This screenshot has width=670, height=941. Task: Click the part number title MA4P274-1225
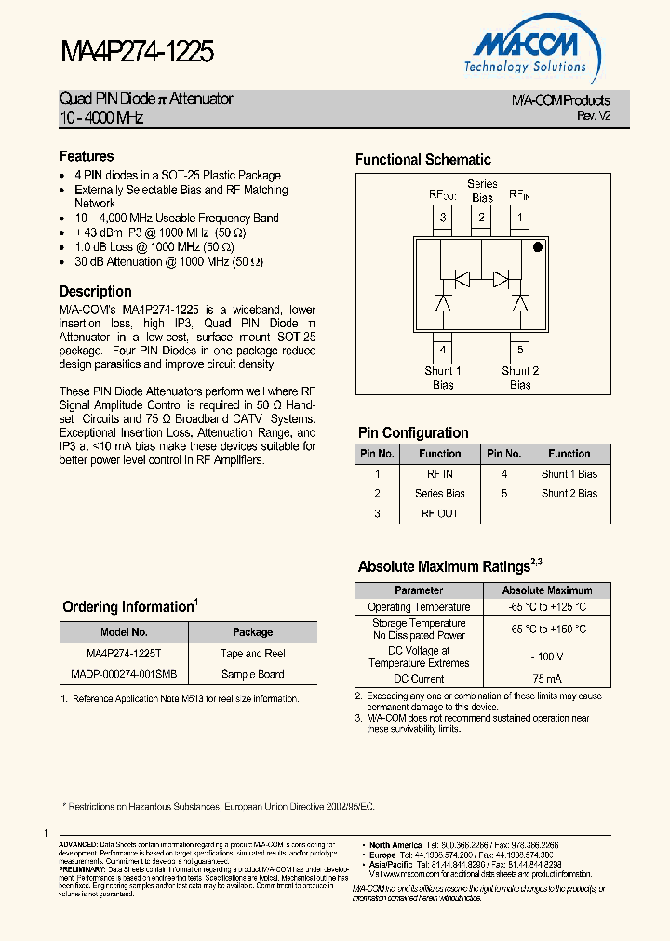point(137,51)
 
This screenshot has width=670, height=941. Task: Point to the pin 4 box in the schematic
point(443,351)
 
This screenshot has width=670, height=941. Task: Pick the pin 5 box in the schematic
point(520,351)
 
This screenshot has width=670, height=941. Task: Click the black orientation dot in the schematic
point(537,248)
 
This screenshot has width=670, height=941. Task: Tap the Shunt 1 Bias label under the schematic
point(443,378)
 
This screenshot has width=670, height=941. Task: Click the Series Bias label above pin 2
point(482,191)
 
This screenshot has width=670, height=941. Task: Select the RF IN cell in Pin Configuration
point(439,474)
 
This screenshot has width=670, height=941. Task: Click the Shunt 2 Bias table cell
point(569,494)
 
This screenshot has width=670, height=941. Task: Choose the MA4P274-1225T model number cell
point(124,654)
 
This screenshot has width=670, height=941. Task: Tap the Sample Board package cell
point(252,674)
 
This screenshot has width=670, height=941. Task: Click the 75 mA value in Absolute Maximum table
point(547,679)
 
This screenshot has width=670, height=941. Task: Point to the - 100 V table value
point(547,656)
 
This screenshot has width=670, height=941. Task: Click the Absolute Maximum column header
point(547,590)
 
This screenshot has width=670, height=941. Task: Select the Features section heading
point(87,157)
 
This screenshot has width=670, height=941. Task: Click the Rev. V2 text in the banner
point(594,116)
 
